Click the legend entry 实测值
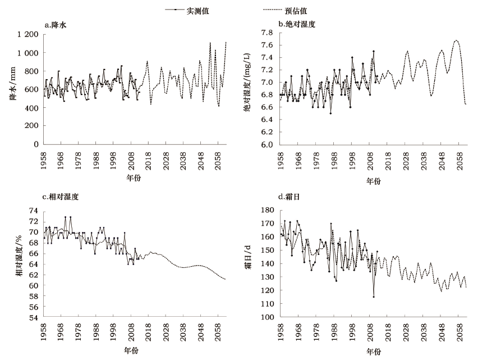[199, 11]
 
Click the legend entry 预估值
[296, 11]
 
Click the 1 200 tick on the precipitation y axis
[28, 35]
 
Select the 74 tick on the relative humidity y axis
[33, 211]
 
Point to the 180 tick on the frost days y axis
[265, 210]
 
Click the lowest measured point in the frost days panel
[373, 297]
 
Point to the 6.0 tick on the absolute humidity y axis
[267, 144]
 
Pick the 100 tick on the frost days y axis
[265, 317]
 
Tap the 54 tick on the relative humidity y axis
[33, 317]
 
